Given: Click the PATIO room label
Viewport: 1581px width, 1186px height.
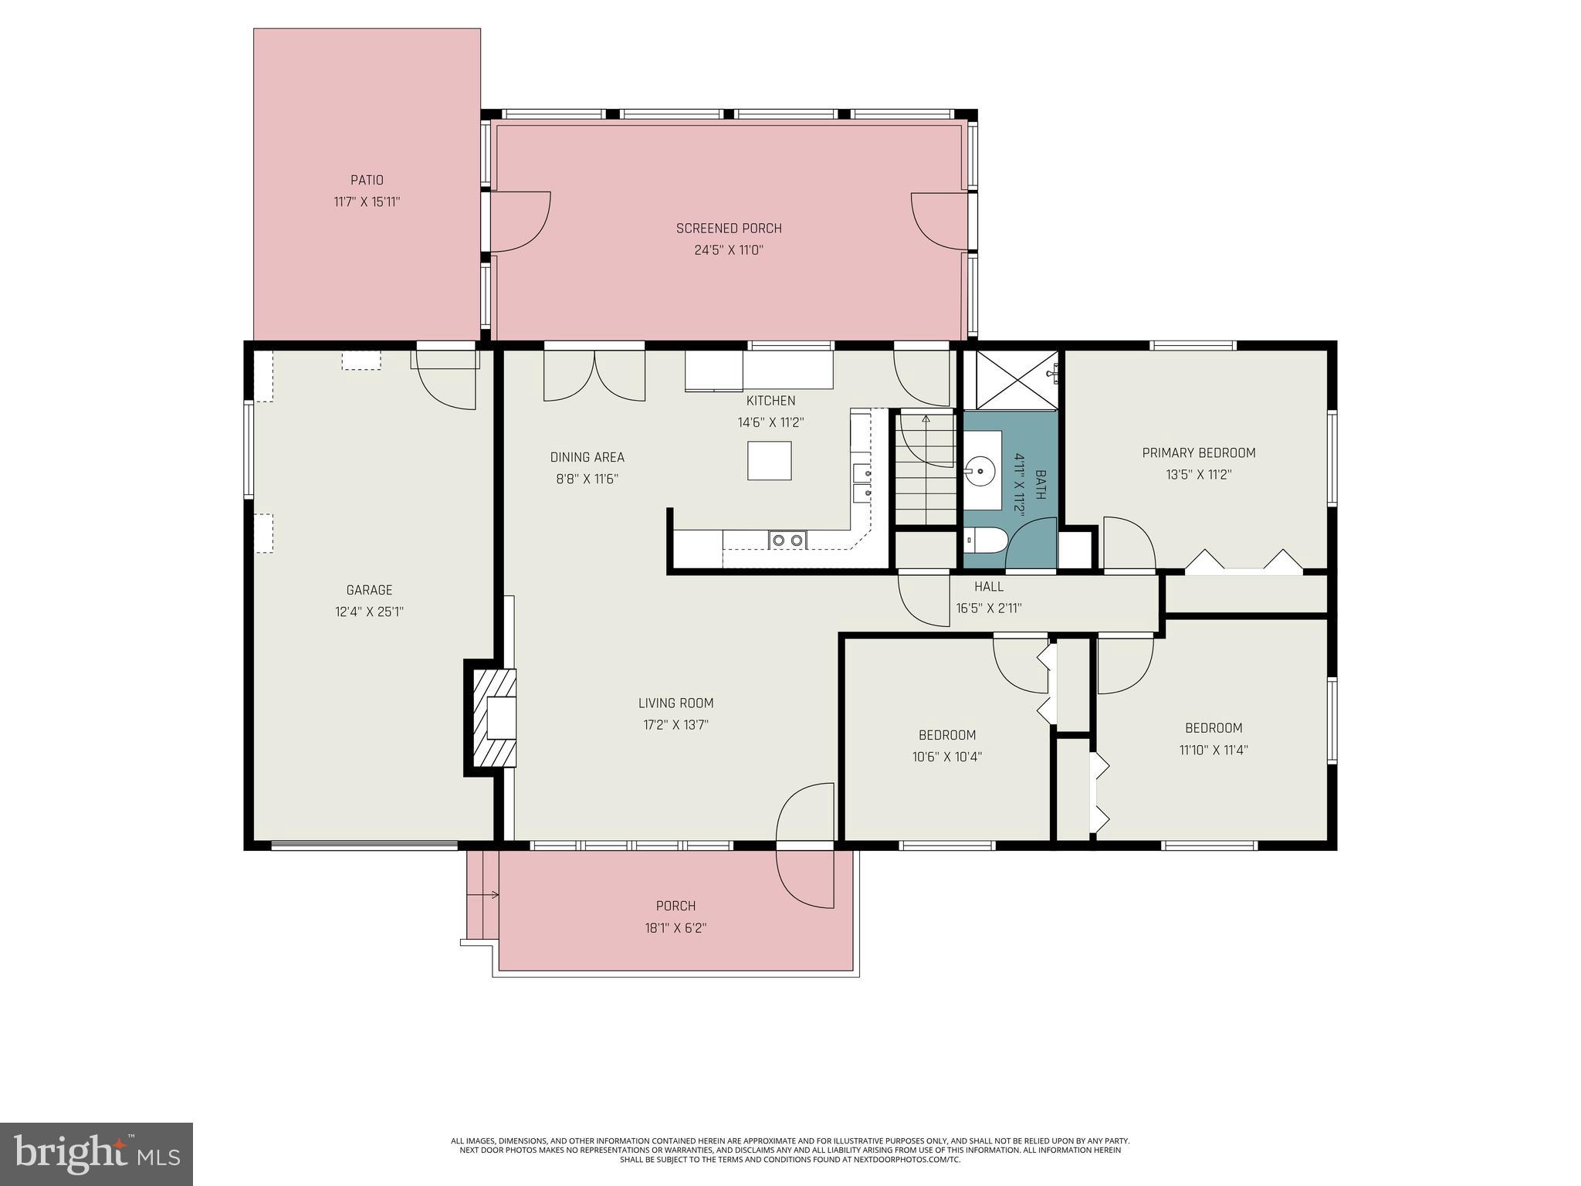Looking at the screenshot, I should click(367, 180).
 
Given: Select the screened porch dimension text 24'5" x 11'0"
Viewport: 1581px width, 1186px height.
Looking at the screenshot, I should click(728, 250).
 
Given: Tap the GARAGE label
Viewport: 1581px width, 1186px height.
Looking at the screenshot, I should click(369, 590).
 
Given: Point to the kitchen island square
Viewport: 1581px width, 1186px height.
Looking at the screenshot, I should click(769, 461).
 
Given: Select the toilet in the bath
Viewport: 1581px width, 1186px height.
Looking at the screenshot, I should click(984, 540).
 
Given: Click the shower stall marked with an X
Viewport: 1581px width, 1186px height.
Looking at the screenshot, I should click(1011, 379).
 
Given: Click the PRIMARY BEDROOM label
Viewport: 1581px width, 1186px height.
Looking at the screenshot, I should click(1198, 453).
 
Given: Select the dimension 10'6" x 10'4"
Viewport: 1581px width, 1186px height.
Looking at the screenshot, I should click(946, 757).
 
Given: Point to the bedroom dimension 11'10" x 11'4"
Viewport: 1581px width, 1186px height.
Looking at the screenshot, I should click(1213, 750).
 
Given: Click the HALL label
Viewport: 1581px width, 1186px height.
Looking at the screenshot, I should click(988, 587).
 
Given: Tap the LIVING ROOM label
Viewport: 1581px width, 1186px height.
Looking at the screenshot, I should click(675, 703).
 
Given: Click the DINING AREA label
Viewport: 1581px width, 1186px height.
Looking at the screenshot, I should click(587, 457).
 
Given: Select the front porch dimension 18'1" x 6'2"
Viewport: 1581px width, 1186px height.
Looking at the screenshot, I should click(675, 928).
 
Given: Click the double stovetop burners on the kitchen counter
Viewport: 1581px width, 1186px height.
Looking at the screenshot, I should click(787, 540).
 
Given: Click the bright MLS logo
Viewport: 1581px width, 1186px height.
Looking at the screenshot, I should click(96, 1154).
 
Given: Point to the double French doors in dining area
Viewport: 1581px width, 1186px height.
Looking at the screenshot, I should click(594, 376).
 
